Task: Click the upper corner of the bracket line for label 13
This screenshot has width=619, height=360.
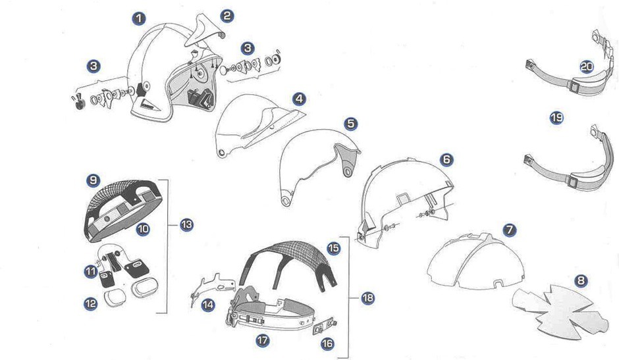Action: coord(168,180)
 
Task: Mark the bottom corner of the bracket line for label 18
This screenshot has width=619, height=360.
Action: coord(349,357)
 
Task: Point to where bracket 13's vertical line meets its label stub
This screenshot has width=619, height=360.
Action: coord(168,225)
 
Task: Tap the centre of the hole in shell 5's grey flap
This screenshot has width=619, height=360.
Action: coord(348,172)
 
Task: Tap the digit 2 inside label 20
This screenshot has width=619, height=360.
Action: coord(584,66)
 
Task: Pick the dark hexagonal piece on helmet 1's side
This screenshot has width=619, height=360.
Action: coord(141,90)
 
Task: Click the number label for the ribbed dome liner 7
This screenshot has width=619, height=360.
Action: coord(509,230)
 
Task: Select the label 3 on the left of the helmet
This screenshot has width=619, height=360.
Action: coord(94,66)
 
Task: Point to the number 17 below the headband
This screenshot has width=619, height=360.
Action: coord(262,340)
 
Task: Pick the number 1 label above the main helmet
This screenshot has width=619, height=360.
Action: coord(138,18)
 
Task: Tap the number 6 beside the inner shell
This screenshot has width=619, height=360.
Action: coord(446,159)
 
